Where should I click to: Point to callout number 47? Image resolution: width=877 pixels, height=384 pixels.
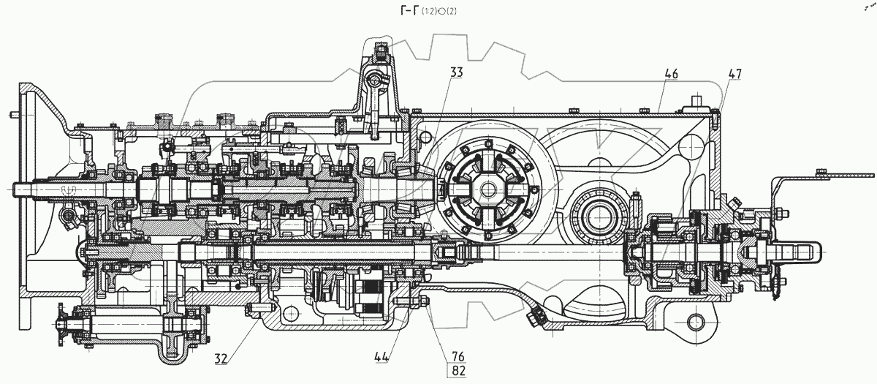click(x=735, y=74)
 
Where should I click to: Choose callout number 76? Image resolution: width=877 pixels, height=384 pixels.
click(x=458, y=356)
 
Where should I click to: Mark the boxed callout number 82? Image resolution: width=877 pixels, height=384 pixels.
click(x=458, y=371)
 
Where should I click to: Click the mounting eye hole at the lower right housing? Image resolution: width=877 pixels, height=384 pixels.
click(x=694, y=321)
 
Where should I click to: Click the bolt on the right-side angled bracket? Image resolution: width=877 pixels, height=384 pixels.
click(x=821, y=174)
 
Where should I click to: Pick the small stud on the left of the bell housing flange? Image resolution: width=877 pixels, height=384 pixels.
click(x=14, y=115)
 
